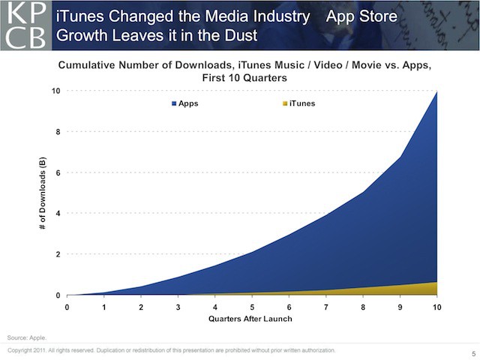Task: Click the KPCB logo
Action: click(25, 25)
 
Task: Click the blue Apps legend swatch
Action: click(172, 103)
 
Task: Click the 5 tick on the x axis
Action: click(252, 306)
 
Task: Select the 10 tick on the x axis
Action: click(437, 306)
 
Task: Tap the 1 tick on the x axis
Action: click(104, 306)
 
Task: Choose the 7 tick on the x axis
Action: click(326, 306)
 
